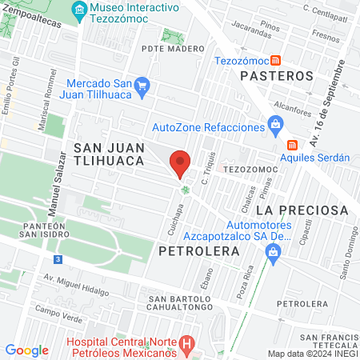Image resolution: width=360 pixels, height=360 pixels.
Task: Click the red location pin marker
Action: pyautogui.click(x=180, y=163)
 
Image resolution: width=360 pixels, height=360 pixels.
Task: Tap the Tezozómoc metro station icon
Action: pyautogui.click(x=276, y=59)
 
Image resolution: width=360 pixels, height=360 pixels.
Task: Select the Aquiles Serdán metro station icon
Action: pyautogui.click(x=292, y=145)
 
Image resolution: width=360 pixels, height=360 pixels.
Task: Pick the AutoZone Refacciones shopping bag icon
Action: pyautogui.click(x=275, y=124)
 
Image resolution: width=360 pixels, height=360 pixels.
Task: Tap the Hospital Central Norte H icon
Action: pyautogui.click(x=186, y=346)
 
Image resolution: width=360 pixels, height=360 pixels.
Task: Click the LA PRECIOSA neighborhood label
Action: pyautogui.click(x=302, y=210)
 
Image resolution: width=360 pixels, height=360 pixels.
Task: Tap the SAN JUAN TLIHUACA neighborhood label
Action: pyautogui.click(x=108, y=154)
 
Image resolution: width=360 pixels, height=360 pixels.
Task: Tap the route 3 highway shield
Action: pyautogui.click(x=58, y=260)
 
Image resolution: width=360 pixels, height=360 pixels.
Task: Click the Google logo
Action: pyautogui.click(x=26, y=350)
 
